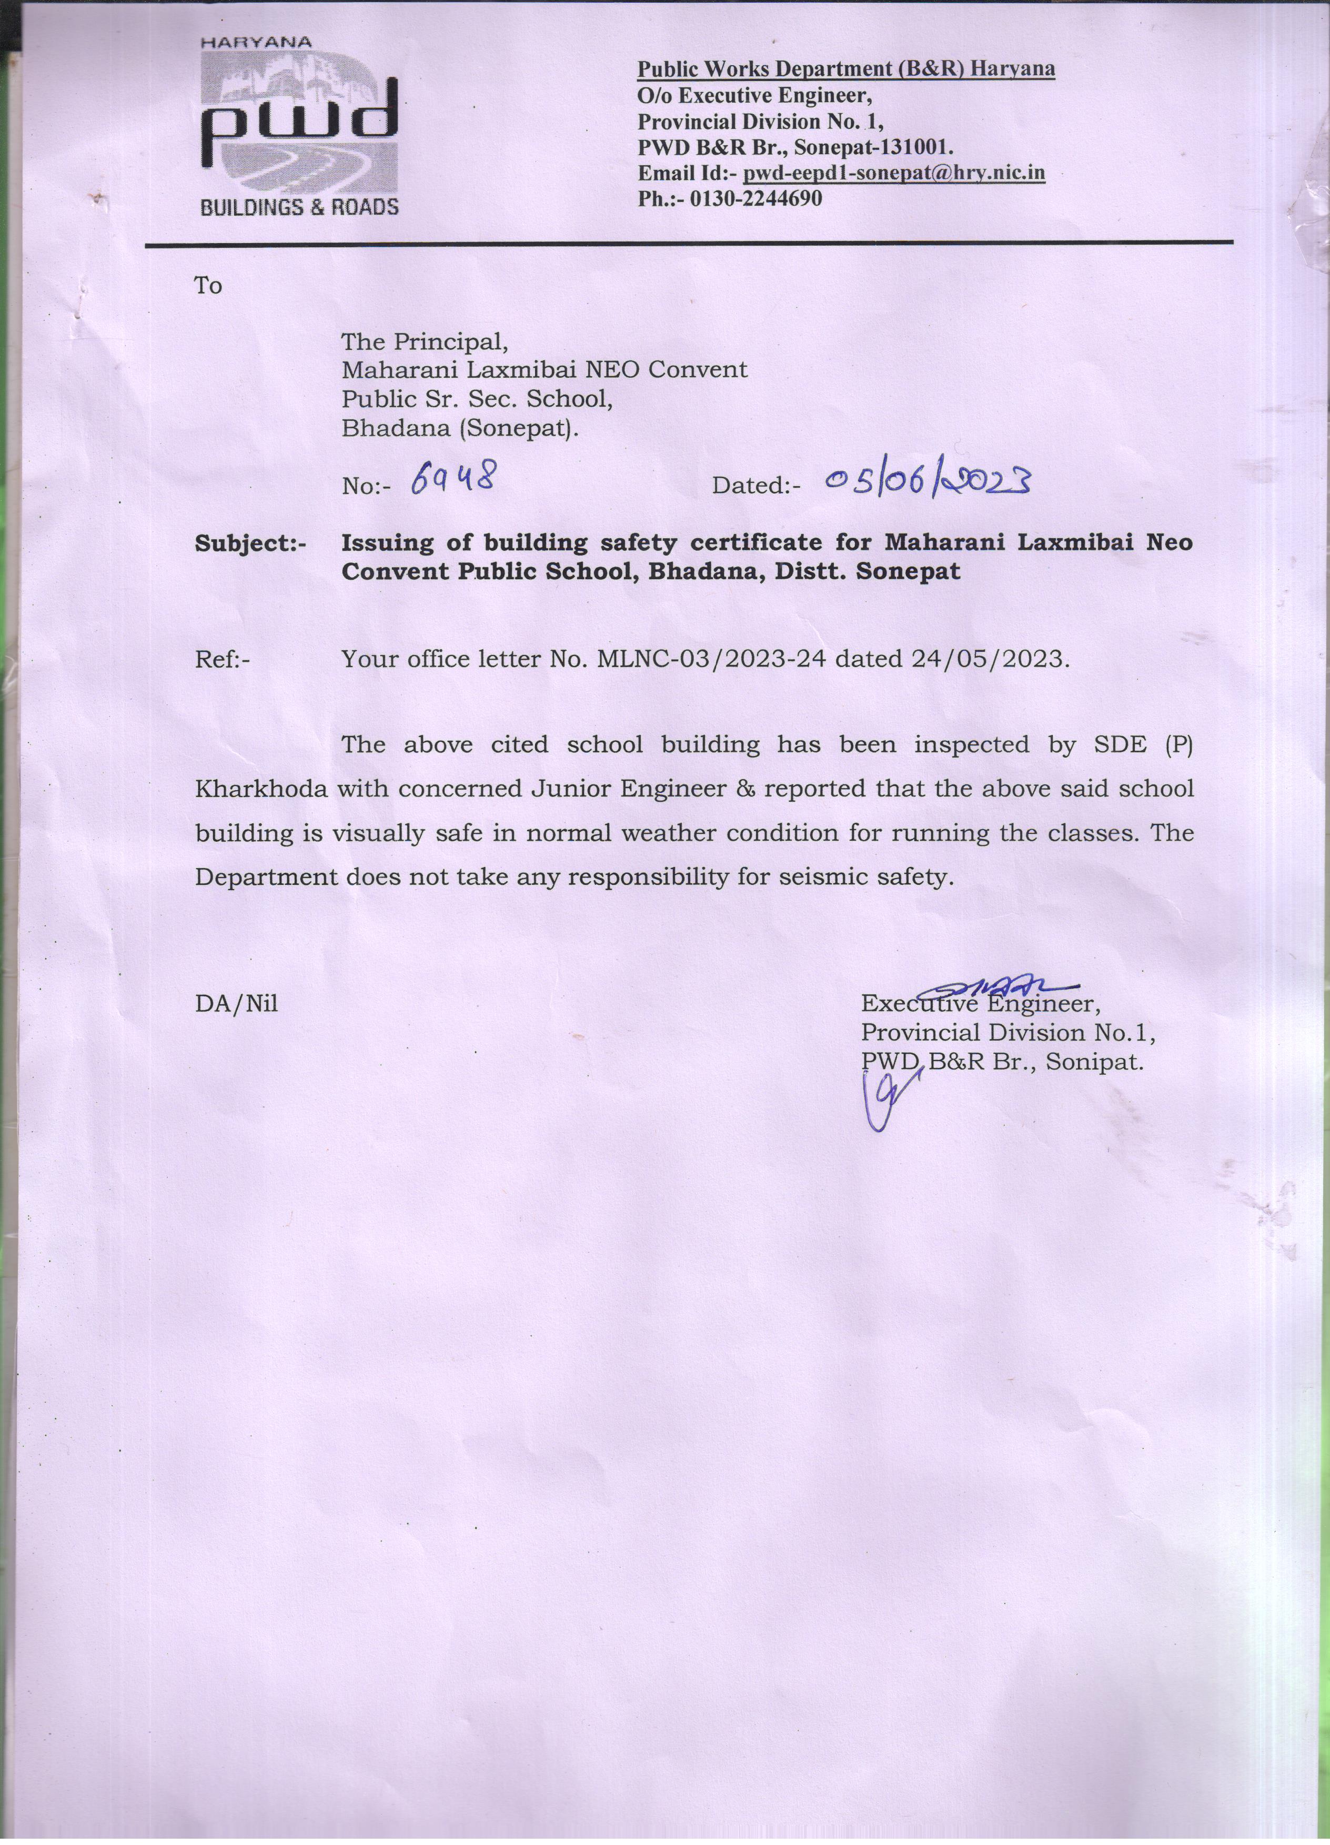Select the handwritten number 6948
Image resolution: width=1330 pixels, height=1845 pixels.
point(453,481)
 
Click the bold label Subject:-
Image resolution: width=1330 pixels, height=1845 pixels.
point(250,543)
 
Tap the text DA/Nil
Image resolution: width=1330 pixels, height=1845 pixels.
point(236,1004)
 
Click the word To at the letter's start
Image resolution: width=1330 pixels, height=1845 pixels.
point(208,286)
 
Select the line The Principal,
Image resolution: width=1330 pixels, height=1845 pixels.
point(425,341)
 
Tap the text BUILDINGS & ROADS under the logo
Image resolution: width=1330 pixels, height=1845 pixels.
point(299,207)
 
